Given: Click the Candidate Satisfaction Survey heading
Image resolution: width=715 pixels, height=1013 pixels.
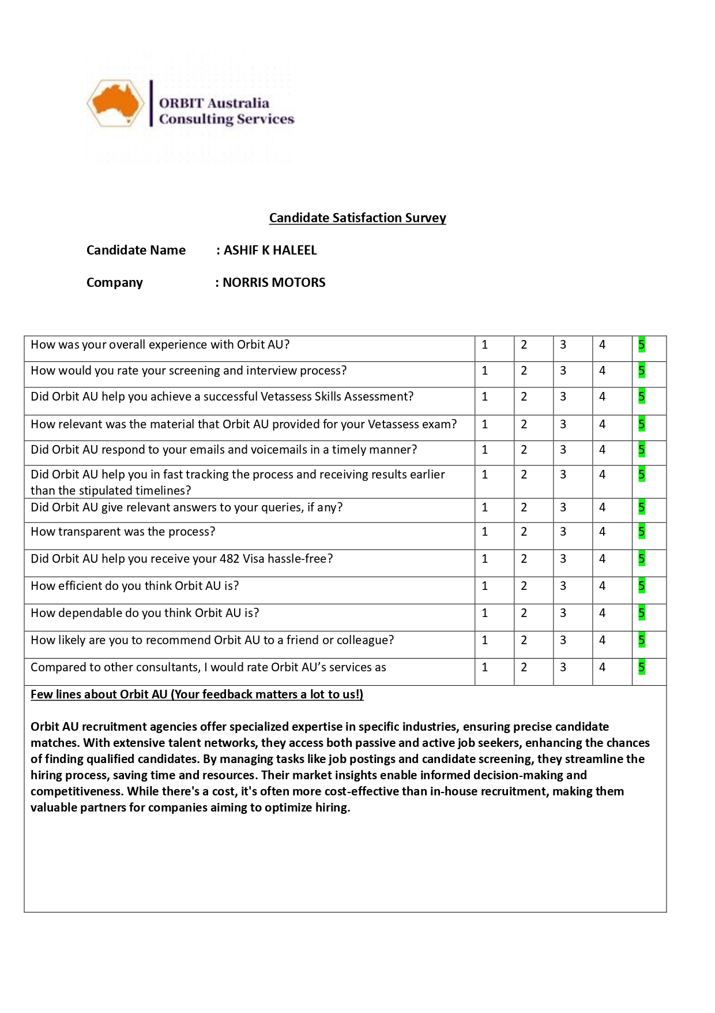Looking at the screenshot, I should click(357, 218).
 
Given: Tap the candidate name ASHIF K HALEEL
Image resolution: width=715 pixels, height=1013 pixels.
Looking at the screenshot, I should click(270, 250).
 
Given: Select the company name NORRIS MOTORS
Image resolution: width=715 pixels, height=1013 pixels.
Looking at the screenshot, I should click(274, 282).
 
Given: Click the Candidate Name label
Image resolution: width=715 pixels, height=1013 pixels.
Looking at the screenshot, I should click(136, 250).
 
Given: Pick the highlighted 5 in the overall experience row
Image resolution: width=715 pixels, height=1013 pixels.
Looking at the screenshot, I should click(641, 345).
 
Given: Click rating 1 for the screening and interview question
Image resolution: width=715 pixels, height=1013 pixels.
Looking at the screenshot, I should click(485, 371).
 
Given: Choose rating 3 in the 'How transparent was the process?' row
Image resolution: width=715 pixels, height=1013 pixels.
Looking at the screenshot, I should click(563, 532).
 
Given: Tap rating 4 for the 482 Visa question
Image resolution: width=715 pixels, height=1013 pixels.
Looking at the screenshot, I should click(602, 559).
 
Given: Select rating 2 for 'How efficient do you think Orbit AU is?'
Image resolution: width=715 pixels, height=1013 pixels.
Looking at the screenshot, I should click(524, 586).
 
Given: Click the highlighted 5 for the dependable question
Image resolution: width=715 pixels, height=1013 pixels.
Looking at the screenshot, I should click(641, 613).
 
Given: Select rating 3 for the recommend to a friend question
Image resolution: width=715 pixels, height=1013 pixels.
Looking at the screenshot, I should click(563, 640).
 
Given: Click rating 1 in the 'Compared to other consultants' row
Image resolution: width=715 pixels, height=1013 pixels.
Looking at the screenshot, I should click(485, 667).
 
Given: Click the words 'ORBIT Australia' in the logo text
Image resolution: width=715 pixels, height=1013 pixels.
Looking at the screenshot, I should click(214, 103).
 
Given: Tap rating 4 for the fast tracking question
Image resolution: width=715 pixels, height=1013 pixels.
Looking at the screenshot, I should click(602, 474).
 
